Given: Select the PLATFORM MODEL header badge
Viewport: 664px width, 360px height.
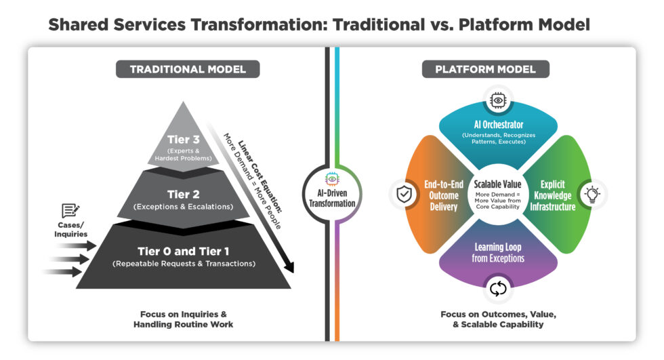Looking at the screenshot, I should tap(485, 69).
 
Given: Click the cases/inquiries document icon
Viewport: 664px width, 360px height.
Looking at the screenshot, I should tap(71, 211).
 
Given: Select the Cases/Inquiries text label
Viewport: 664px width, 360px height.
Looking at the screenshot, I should tap(71, 231).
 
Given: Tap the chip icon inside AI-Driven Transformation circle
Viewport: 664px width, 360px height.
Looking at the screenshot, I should tap(332, 178).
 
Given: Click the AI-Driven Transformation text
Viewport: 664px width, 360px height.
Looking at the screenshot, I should tap(332, 197).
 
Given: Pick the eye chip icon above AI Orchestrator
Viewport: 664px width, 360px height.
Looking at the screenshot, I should tap(498, 100).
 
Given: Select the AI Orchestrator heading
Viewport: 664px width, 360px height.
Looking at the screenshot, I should tap(498, 125).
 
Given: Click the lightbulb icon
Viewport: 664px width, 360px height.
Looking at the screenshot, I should tap(593, 195).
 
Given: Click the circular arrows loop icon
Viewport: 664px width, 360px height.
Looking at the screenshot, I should tap(498, 289).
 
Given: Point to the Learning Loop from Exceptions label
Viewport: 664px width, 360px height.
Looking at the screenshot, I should tap(498, 253).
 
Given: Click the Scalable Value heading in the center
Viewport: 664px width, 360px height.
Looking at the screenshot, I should tap(498, 184).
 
